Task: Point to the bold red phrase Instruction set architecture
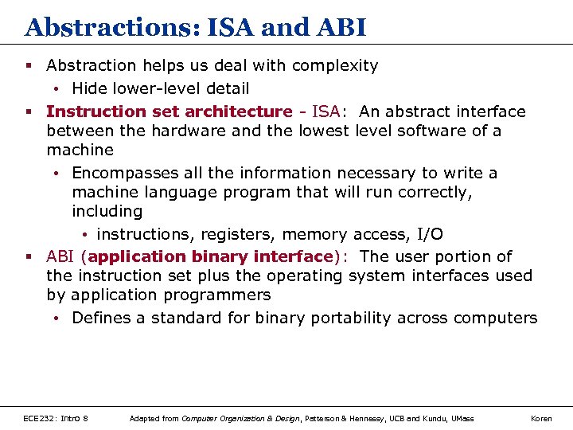coord(169,111)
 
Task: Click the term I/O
coord(430,234)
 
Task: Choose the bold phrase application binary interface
coord(210,256)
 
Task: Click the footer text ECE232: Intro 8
coord(56,418)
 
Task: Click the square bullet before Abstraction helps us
coord(29,65)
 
